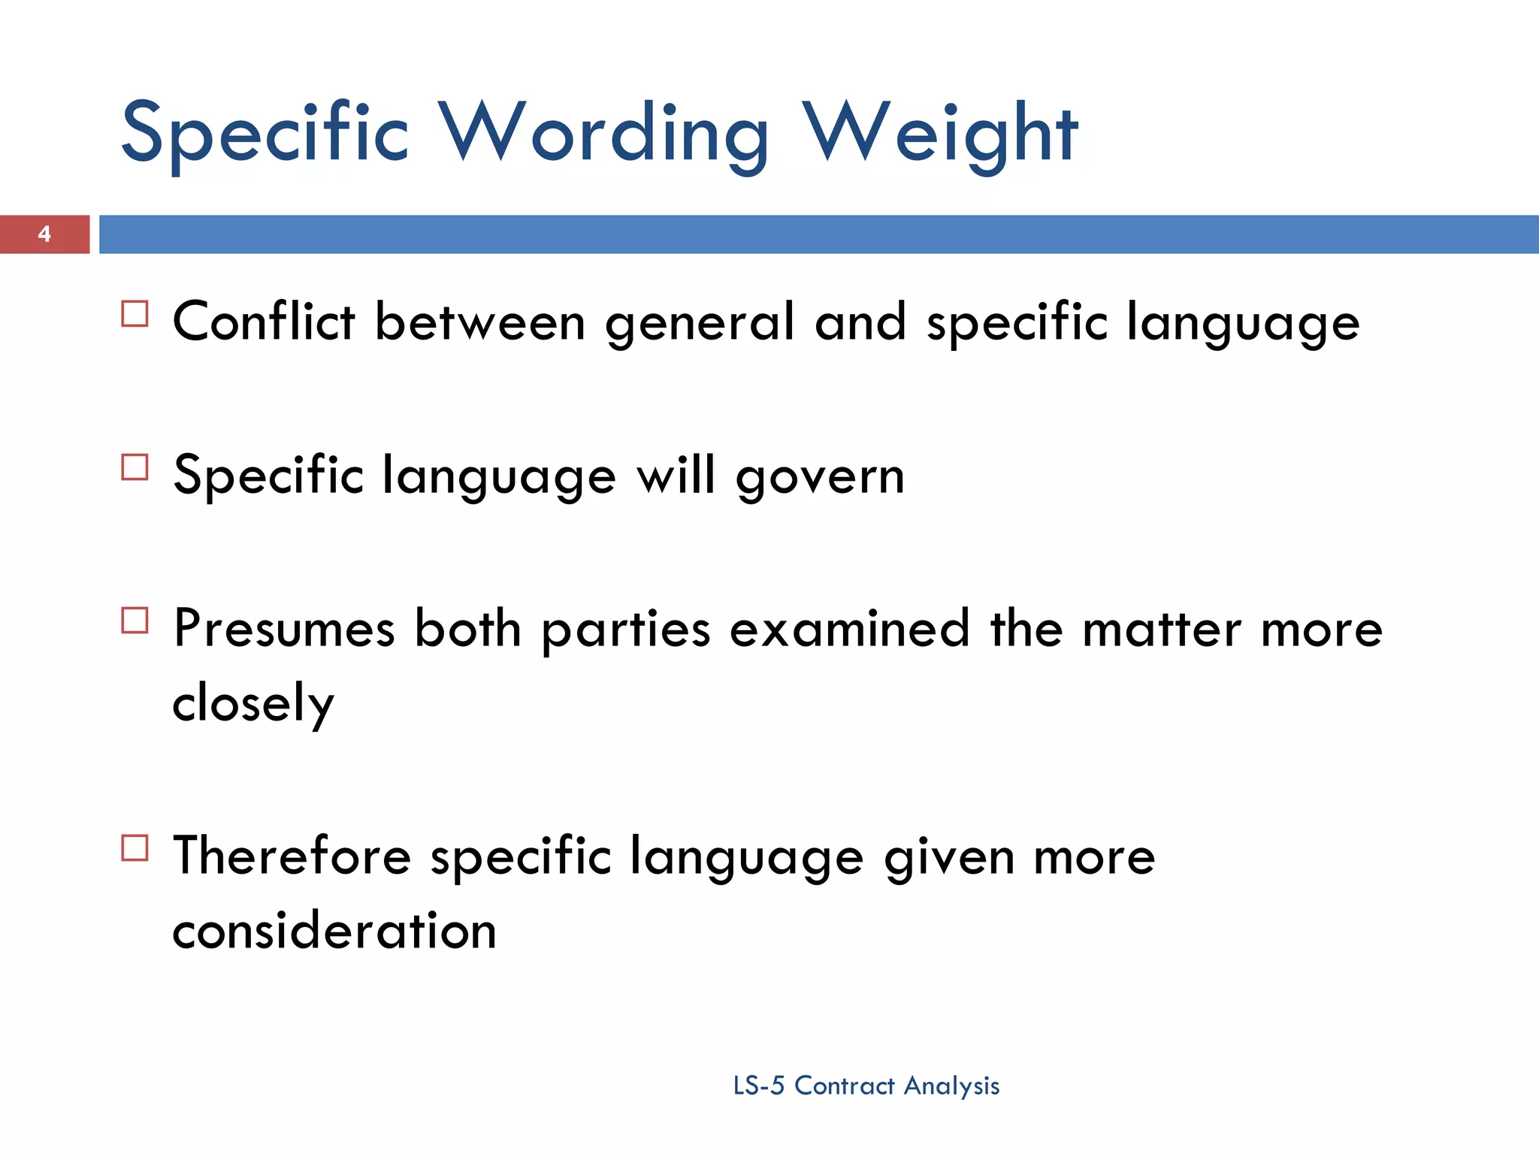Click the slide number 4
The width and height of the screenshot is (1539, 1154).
[44, 234]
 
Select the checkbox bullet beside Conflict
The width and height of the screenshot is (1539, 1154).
[135, 314]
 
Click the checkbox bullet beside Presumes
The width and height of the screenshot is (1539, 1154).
[135, 621]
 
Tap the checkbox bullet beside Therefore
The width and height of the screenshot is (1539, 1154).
[135, 848]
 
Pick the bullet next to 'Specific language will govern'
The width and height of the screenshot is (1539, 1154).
[135, 467]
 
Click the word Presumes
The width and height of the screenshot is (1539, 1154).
[284, 629]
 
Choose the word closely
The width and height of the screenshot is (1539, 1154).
[253, 704]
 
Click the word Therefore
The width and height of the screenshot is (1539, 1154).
[292, 856]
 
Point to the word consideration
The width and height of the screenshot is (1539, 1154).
[334, 931]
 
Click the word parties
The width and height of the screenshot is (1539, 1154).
[626, 630]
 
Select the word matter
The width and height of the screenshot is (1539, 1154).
[1162, 629]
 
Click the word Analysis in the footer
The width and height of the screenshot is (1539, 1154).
[951, 1086]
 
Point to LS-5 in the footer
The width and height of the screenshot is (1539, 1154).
[758, 1086]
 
